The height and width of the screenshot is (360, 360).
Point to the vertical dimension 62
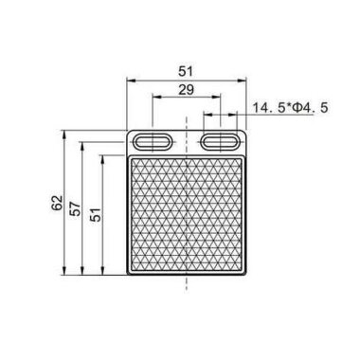[x=58, y=203]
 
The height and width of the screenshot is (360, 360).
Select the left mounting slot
[x=152, y=140]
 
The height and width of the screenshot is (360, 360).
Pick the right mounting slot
[x=221, y=140]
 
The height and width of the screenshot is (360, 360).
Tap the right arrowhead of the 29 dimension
[x=220, y=99]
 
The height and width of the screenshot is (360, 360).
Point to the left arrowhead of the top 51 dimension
[x=129, y=77]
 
